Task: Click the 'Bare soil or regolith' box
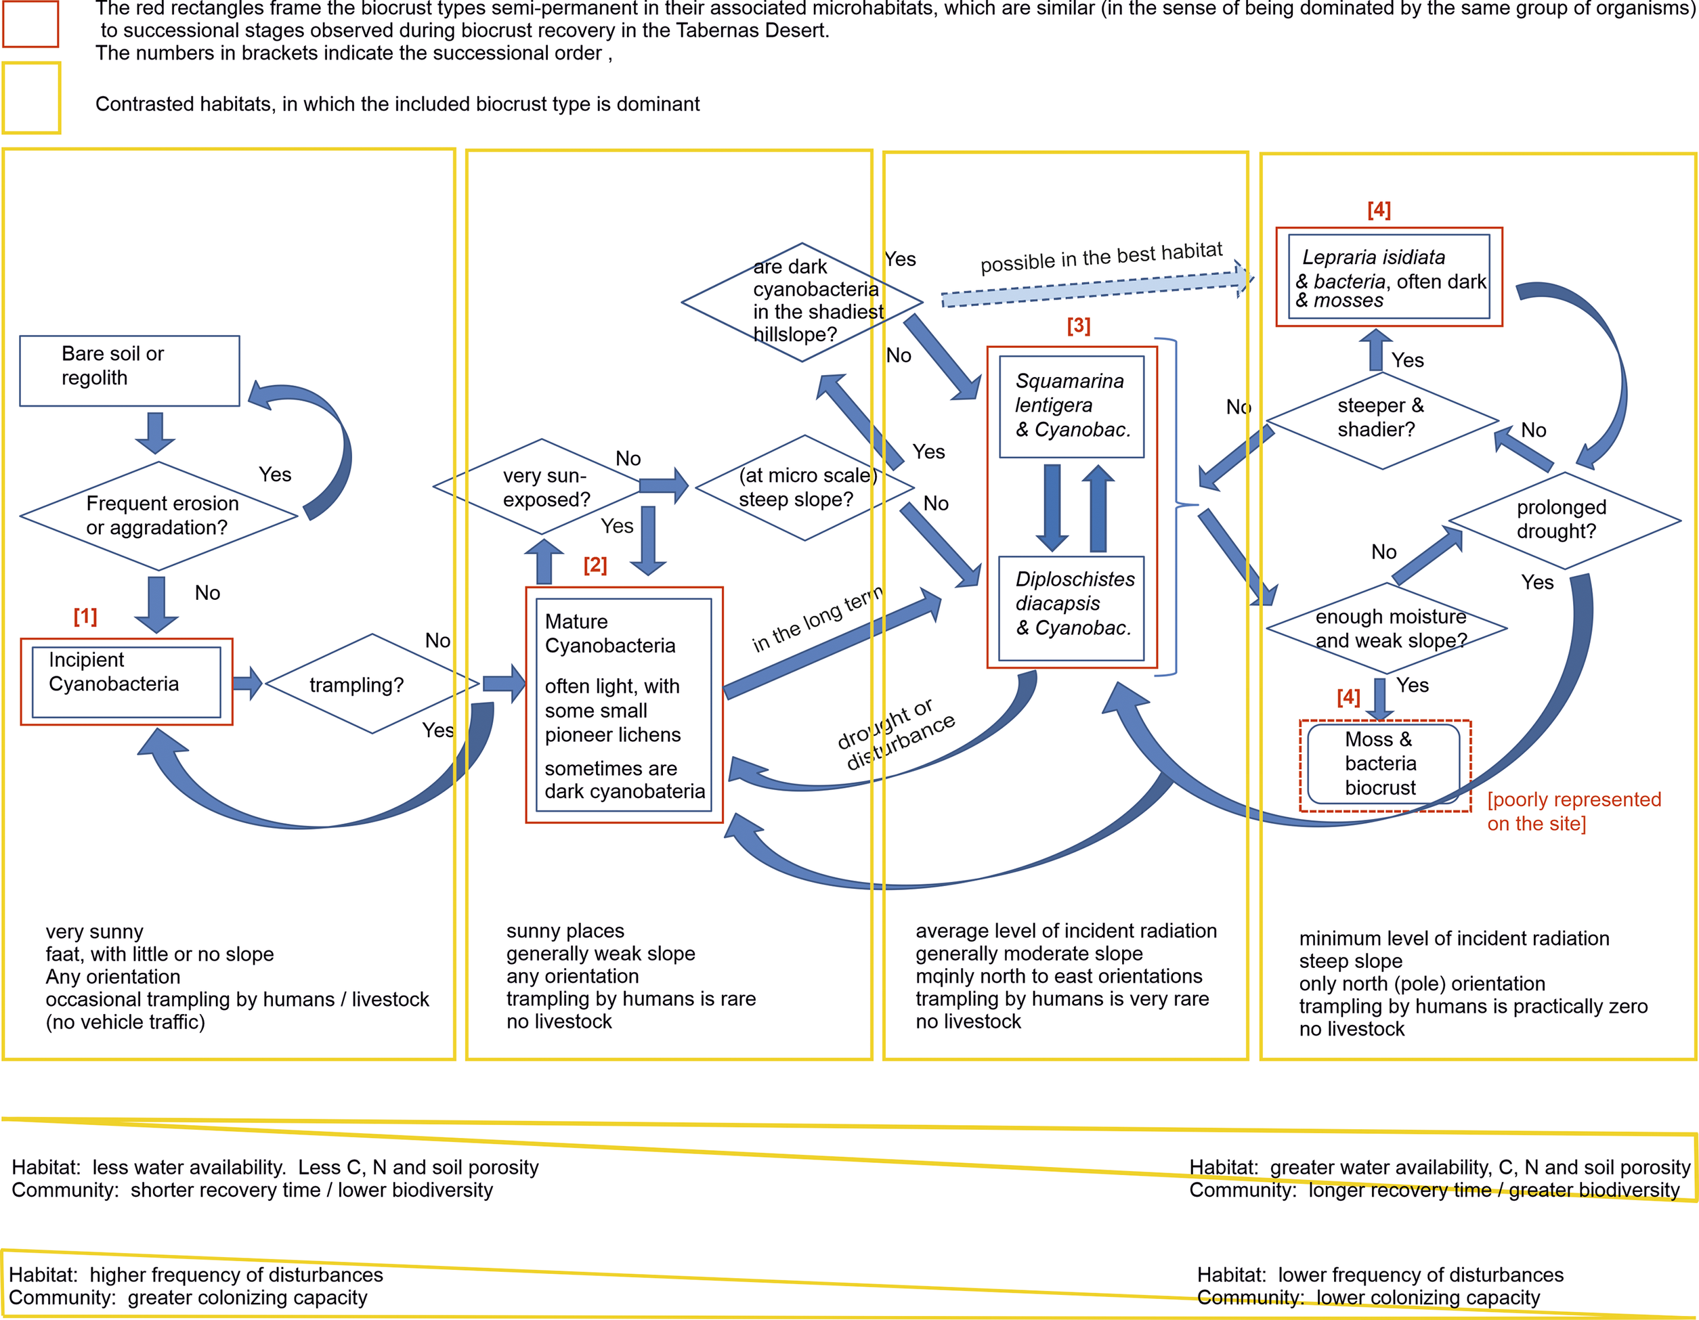pyautogui.click(x=129, y=370)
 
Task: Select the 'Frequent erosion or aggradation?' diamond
pyautogui.click(x=158, y=516)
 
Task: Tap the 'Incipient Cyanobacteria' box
pyautogui.click(x=126, y=682)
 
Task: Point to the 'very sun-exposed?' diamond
pyautogui.click(x=542, y=486)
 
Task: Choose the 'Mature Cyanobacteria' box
pyautogui.click(x=624, y=705)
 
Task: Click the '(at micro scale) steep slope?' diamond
pyautogui.click(x=804, y=487)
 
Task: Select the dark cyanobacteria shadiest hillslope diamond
pyautogui.click(x=801, y=302)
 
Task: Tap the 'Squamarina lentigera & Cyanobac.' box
pyautogui.click(x=1071, y=406)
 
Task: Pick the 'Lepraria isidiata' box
pyautogui.click(x=1389, y=277)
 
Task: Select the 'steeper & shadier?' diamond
pyautogui.click(x=1381, y=421)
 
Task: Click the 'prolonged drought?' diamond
pyautogui.click(x=1564, y=520)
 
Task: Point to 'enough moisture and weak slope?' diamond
pyautogui.click(x=1386, y=628)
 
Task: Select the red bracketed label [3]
pyautogui.click(x=1078, y=325)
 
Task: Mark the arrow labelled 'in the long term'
pyautogui.click(x=832, y=646)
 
